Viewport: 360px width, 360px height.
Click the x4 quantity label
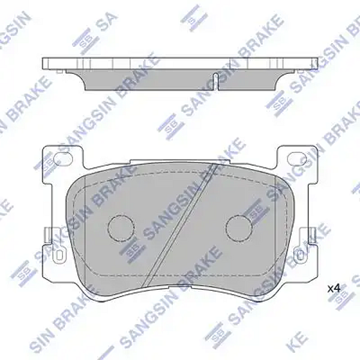[x=334, y=289]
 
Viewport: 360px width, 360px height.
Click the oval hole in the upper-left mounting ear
[x=62, y=159]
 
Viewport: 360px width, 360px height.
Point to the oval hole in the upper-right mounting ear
[x=297, y=159]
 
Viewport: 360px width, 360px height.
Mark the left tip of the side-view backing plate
[x=44, y=62]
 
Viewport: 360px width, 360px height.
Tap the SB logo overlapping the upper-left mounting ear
[x=46, y=162]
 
